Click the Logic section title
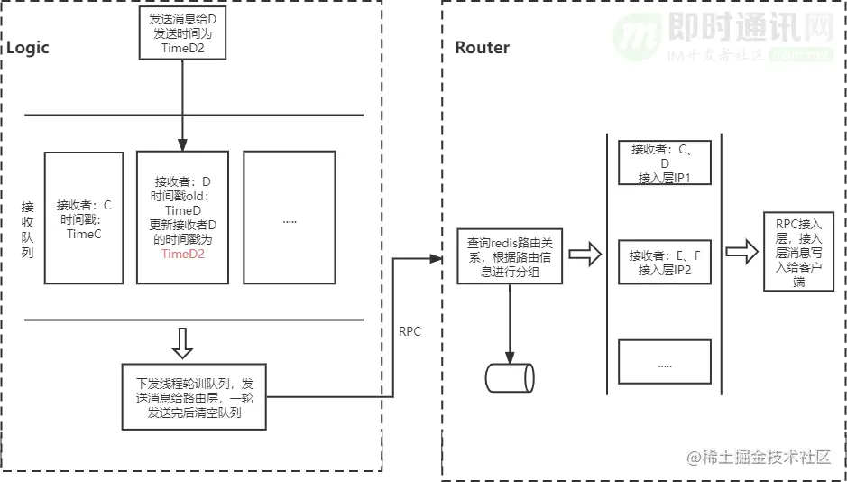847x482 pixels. coord(28,48)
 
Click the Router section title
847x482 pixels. coord(482,48)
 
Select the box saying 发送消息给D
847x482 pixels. coord(182,32)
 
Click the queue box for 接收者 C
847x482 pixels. coord(84,218)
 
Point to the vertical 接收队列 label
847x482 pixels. coord(28,229)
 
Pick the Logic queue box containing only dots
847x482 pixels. coord(290,218)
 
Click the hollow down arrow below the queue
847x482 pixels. coord(182,343)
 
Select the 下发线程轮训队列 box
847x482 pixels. coord(195,396)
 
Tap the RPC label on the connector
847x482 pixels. coord(410,332)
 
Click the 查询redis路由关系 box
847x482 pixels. coord(510,256)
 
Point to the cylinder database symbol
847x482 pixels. coord(510,377)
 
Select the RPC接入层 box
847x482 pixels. coord(798,251)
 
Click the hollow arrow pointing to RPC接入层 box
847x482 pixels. coord(741,253)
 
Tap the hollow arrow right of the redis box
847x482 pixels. coord(585,254)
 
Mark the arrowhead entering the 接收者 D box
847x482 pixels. coord(182,144)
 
